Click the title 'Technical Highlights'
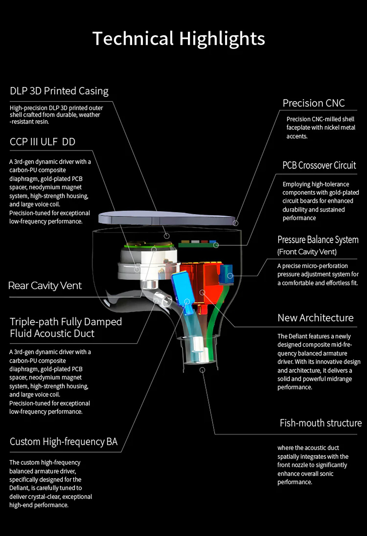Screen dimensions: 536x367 (x=179, y=39)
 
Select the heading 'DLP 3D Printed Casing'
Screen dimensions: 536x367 (x=59, y=91)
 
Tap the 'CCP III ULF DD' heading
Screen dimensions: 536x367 (x=42, y=142)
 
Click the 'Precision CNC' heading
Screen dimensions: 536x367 (x=313, y=103)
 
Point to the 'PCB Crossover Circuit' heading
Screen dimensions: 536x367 (x=319, y=165)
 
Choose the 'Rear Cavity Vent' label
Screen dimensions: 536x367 (x=45, y=286)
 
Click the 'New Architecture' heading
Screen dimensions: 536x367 (x=315, y=318)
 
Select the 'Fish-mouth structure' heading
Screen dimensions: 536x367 (x=321, y=423)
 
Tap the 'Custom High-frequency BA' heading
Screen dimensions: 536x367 (x=64, y=442)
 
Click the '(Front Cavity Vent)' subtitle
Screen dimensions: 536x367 (x=307, y=252)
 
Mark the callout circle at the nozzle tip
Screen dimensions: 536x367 (x=202, y=370)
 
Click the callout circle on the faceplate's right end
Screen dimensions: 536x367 (x=235, y=223)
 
